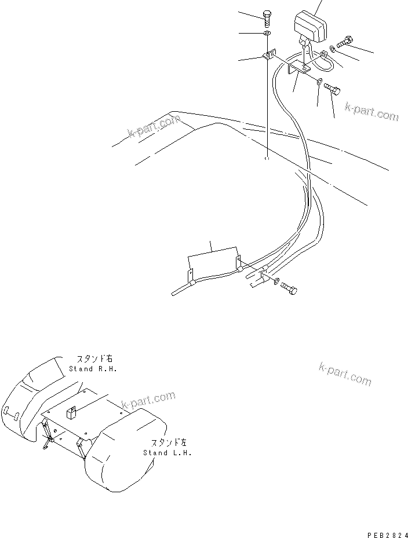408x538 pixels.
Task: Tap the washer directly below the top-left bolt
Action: (266, 36)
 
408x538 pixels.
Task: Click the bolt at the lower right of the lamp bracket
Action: (333, 88)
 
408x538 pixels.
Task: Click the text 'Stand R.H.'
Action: (89, 368)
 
